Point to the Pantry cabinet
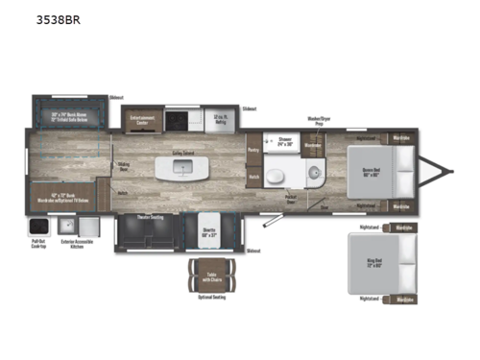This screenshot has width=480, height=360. pos(254,150)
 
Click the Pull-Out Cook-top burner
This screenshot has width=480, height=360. pos(39,226)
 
